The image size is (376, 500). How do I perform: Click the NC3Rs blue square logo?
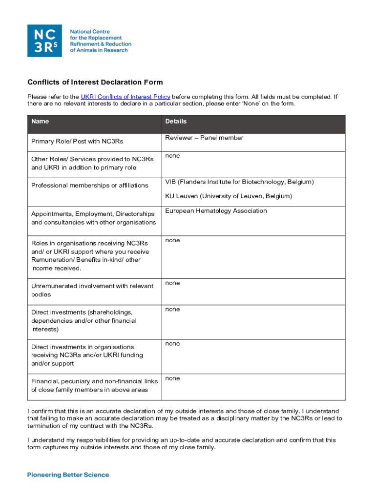(44, 41)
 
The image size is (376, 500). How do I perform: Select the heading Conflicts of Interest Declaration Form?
(95, 83)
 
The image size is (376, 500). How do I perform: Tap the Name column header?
(40, 121)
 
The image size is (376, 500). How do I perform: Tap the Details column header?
(176, 121)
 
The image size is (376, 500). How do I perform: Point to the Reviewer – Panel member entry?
(204, 138)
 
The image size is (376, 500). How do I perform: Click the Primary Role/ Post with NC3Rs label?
(77, 142)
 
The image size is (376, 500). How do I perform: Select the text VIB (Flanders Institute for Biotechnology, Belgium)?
(239, 182)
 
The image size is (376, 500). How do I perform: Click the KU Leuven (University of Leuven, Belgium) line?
(228, 196)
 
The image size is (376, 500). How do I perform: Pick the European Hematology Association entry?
(216, 211)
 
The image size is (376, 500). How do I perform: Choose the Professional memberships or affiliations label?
(90, 186)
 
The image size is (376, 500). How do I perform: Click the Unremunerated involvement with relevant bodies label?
(92, 290)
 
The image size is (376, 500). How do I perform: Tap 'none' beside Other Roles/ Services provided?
(172, 156)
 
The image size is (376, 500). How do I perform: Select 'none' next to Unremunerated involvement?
(172, 283)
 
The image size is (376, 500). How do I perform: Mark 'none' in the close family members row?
(172, 378)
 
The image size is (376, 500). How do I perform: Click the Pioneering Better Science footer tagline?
(68, 475)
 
